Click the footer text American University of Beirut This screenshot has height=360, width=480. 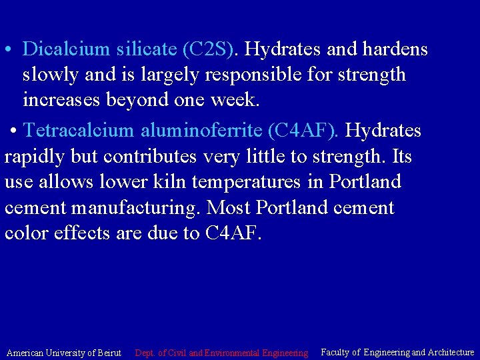tap(63, 352)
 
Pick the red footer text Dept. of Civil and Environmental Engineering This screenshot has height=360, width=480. tap(221, 352)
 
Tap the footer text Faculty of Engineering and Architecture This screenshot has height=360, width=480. tap(397, 351)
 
